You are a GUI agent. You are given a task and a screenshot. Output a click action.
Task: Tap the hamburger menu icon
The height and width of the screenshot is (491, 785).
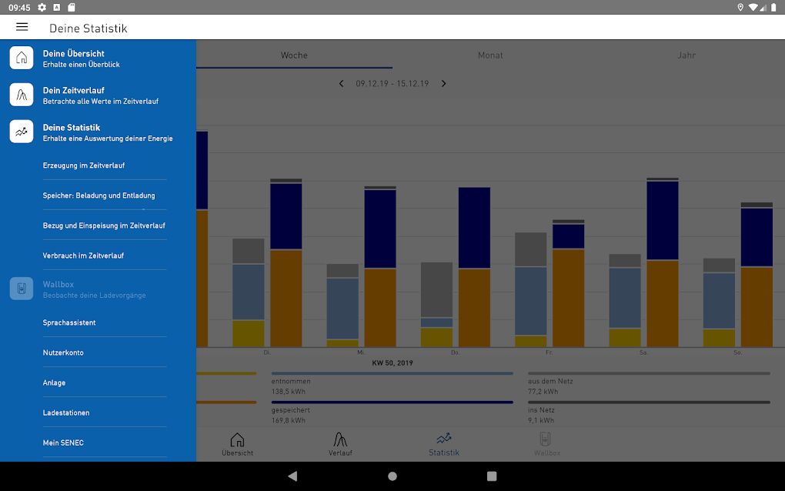pos(22,27)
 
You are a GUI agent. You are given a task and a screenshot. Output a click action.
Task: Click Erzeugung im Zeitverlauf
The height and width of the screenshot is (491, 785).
pos(84,165)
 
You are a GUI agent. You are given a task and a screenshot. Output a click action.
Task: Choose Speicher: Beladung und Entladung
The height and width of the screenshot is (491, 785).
pos(99,195)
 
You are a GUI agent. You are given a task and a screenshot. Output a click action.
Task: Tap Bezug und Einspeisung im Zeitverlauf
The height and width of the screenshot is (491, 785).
pos(104,225)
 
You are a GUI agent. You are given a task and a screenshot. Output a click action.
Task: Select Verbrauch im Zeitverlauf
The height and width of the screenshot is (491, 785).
pos(83,256)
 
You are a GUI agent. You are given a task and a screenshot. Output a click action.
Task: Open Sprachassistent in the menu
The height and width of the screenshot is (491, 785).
pos(69,323)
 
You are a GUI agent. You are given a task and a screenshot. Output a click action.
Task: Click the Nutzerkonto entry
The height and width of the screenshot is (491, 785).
pos(63,352)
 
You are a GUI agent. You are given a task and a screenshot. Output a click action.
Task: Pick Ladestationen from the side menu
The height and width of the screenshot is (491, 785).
pos(66,413)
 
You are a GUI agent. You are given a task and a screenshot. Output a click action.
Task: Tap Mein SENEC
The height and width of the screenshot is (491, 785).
pos(63,443)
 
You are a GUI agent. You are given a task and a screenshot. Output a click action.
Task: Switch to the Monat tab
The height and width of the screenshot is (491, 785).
pos(490,55)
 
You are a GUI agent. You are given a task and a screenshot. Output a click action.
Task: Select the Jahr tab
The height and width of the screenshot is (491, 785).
pos(686,55)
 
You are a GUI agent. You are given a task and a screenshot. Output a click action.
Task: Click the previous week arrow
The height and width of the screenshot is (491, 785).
pos(341,83)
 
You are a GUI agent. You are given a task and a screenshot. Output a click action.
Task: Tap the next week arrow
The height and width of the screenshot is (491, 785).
pos(444,83)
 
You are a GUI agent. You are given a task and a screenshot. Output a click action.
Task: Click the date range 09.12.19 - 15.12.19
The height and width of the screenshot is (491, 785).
pos(392,83)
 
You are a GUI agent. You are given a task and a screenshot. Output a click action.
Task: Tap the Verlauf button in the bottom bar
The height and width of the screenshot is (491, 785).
pos(340,444)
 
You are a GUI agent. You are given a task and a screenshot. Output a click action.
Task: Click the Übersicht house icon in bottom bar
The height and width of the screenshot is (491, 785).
pos(237,440)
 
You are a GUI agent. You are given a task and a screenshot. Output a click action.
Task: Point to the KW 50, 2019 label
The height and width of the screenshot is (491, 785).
pos(392,362)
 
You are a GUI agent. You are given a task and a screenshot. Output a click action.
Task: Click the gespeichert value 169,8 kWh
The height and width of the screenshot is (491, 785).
pos(289,420)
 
